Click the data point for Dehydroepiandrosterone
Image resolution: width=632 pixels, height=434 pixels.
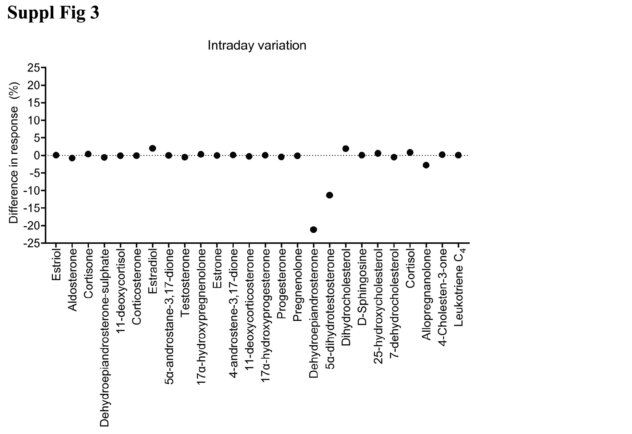tap(313, 230)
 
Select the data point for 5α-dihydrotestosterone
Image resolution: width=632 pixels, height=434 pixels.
tap(329, 195)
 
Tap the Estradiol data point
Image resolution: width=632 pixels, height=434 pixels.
tap(153, 148)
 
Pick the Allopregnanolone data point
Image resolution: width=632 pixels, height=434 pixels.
tap(426, 165)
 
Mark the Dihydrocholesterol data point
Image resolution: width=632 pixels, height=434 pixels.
tap(346, 148)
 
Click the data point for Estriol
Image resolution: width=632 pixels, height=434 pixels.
tap(56, 155)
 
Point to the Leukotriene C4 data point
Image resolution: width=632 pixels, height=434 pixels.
tap(458, 155)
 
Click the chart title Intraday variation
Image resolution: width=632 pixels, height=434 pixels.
tap(257, 45)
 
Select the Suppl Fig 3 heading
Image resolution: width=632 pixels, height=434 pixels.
tap(53, 13)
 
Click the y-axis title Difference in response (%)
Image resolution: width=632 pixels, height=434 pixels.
tap(14, 153)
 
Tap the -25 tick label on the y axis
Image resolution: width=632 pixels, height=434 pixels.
tap(31, 243)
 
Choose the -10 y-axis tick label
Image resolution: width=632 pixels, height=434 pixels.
tap(31, 191)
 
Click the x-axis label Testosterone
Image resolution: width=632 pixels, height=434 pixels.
tap(185, 283)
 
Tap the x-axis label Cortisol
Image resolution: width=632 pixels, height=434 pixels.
tap(410, 268)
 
